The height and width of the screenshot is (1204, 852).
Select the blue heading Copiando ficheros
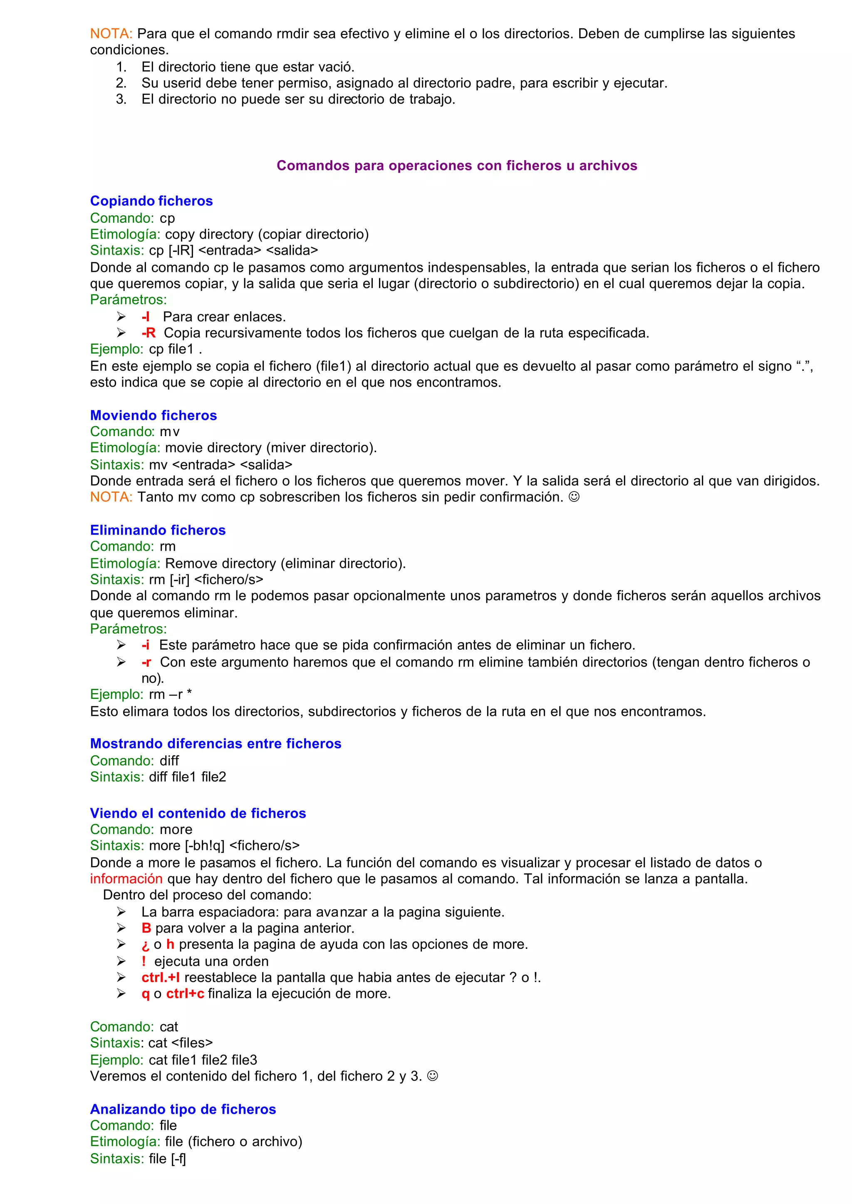click(151, 201)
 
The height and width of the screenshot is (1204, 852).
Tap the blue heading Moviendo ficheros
click(153, 415)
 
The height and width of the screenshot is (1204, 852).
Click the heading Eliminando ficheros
click(157, 530)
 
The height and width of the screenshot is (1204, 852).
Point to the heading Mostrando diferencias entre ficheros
click(215, 743)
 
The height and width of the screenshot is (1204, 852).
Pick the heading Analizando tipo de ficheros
click(183, 1109)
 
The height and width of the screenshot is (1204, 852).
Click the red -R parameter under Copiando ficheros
click(149, 333)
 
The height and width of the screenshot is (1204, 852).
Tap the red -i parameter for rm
click(145, 645)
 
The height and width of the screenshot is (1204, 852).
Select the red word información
click(126, 879)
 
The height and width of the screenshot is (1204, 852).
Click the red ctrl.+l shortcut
click(161, 977)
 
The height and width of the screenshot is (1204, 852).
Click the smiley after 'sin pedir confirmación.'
click(575, 496)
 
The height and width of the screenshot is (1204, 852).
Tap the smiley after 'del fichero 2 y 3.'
click(432, 1076)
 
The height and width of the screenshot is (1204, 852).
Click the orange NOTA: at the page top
click(111, 34)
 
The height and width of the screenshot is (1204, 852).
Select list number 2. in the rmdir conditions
click(121, 83)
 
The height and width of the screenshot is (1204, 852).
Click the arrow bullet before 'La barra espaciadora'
click(121, 912)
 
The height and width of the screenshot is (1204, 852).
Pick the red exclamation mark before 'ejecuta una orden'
click(143, 961)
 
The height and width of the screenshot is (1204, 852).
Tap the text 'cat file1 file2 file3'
click(203, 1060)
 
